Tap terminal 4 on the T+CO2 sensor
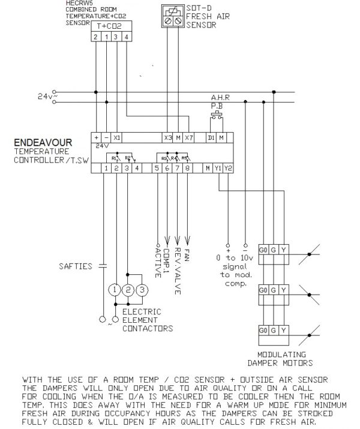click(127, 37)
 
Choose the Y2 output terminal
click(227, 169)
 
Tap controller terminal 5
click(157, 169)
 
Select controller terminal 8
click(188, 169)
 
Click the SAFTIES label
click(74, 265)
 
